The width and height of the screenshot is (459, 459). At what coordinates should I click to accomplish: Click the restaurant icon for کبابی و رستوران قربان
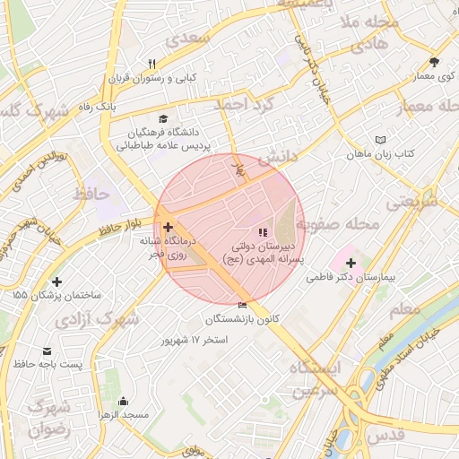(x=152, y=64)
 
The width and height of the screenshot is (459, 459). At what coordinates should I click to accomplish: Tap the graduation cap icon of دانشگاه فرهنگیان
(x=162, y=118)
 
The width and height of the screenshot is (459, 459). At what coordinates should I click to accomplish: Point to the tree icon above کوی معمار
(x=434, y=62)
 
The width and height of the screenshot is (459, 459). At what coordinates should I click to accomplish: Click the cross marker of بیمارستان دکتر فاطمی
(x=350, y=264)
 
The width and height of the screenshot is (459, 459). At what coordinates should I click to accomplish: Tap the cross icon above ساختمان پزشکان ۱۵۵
(x=57, y=281)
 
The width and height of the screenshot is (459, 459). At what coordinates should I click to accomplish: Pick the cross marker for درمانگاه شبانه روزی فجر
(x=168, y=227)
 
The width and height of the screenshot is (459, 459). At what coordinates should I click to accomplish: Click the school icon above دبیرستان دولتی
(x=262, y=233)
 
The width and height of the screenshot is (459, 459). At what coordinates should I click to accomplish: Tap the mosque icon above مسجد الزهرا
(x=123, y=401)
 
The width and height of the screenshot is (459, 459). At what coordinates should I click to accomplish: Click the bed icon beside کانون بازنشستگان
(x=242, y=306)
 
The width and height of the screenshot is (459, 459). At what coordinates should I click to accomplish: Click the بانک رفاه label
(x=98, y=107)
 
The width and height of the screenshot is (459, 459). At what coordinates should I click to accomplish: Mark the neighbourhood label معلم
(x=406, y=309)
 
